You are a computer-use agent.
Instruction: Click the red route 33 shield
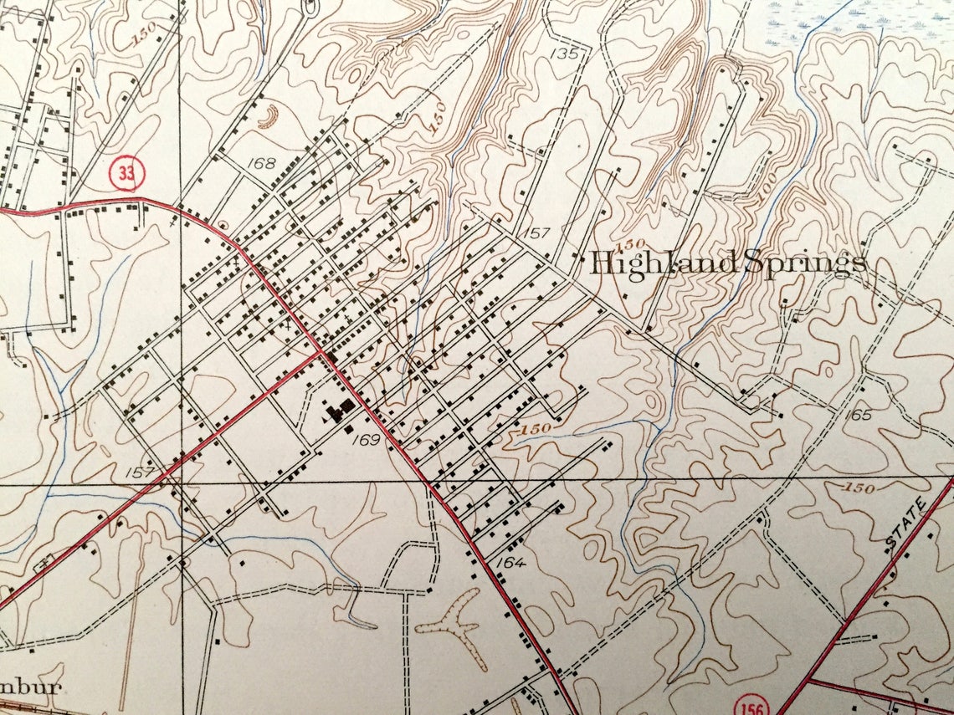click(x=126, y=174)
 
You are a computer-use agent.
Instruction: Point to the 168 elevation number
click(x=262, y=163)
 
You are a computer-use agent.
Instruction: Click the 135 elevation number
click(x=567, y=54)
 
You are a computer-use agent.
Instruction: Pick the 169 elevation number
click(x=367, y=439)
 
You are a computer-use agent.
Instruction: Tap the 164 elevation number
click(x=510, y=562)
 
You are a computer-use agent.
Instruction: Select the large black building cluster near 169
click(x=340, y=410)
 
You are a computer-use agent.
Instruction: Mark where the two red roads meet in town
click(x=321, y=353)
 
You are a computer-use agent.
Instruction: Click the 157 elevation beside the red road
click(x=142, y=472)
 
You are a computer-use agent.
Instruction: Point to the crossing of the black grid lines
click(x=182, y=483)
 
